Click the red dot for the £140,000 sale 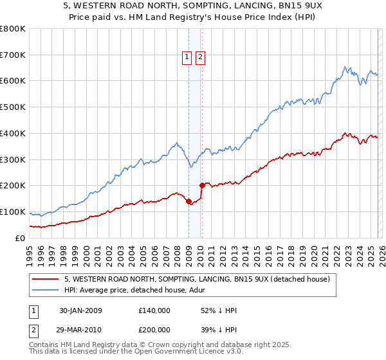click(x=188, y=201)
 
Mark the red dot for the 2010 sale click(x=202, y=186)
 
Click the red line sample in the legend click(x=47, y=279)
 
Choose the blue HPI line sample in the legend click(x=47, y=290)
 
